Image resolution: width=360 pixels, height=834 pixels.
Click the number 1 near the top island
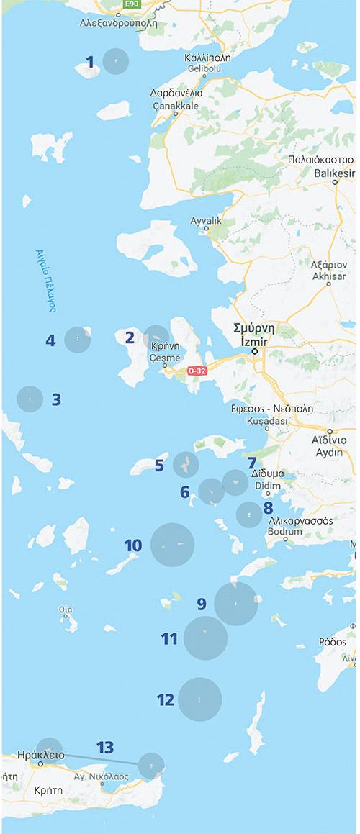pyautogui.click(x=90, y=62)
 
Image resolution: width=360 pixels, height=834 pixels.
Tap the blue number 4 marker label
pyautogui.click(x=50, y=340)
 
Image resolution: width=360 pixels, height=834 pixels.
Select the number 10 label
pyautogui.click(x=132, y=545)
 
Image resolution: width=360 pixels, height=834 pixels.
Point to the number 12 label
pyautogui.click(x=165, y=699)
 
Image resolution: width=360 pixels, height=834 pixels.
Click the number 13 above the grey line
pyautogui.click(x=105, y=748)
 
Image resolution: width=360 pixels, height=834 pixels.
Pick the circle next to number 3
pyautogui.click(x=30, y=398)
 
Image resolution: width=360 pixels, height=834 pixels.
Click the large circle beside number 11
pyautogui.click(x=205, y=638)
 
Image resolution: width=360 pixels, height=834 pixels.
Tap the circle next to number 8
pyautogui.click(x=249, y=515)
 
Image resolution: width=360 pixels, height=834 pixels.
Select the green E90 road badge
pyautogui.click(x=131, y=4)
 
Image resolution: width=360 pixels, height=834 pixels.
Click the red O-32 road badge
pyautogui.click(x=197, y=371)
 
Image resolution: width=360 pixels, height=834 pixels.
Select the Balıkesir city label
pyautogui.click(x=336, y=173)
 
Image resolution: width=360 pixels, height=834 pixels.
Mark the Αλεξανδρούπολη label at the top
pyautogui.click(x=117, y=22)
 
